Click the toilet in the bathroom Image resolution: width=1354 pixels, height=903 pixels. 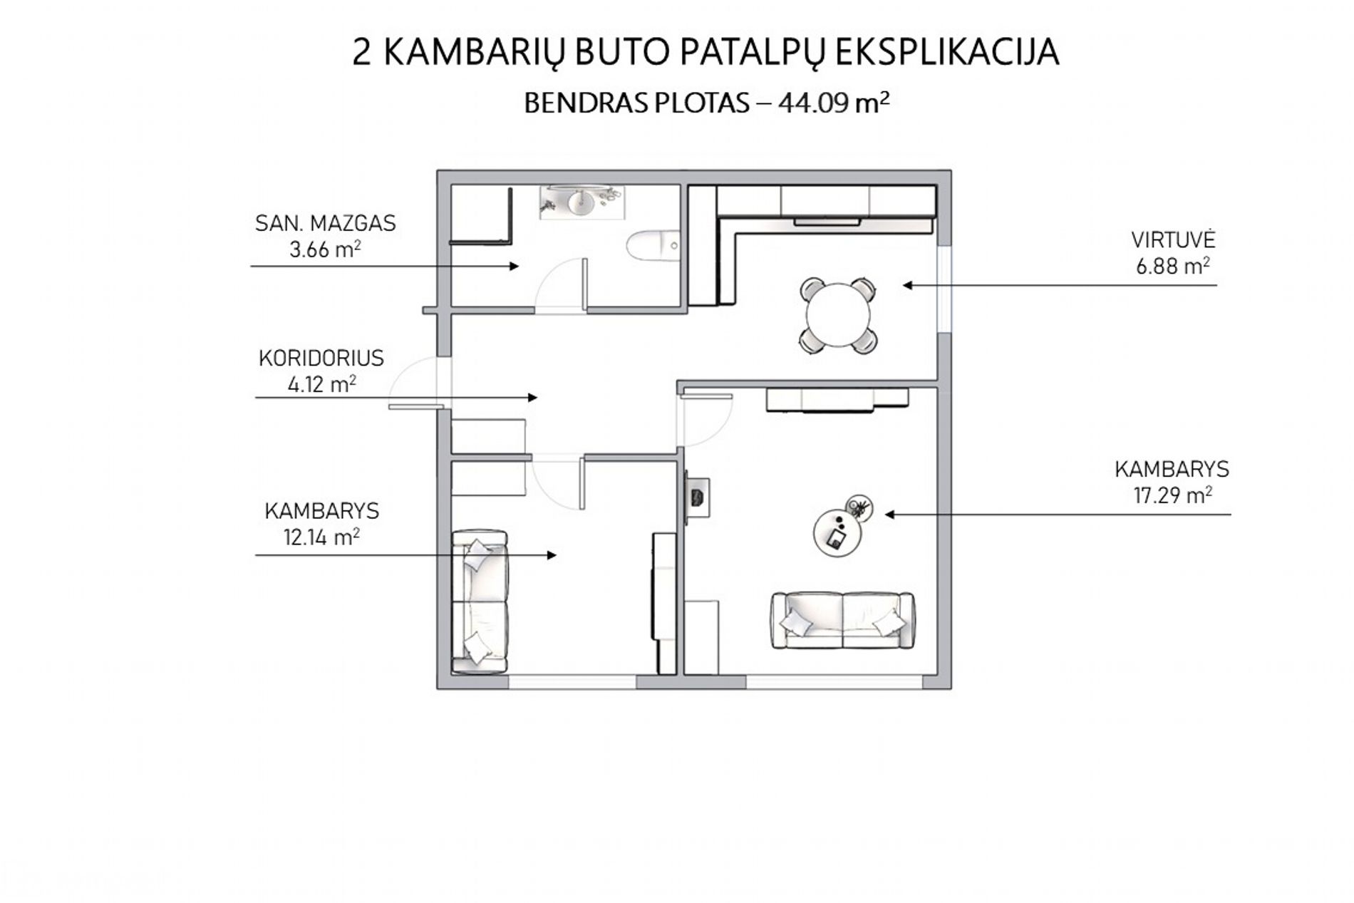click(x=653, y=247)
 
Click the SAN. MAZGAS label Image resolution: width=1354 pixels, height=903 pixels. click(x=326, y=223)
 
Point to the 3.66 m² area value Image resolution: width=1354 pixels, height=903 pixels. click(x=324, y=249)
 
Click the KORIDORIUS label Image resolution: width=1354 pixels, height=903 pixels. click(x=321, y=358)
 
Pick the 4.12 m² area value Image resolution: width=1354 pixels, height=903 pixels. click(x=321, y=384)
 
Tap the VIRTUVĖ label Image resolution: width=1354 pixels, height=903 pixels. click(x=1172, y=239)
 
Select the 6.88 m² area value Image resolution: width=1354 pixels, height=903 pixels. click(x=1172, y=266)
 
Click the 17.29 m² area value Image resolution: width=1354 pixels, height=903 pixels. click(x=1173, y=495)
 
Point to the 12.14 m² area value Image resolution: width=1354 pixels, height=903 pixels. click(x=321, y=537)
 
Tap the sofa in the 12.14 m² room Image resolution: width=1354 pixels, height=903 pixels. click(x=480, y=600)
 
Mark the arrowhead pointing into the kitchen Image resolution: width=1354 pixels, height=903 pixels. click(x=908, y=285)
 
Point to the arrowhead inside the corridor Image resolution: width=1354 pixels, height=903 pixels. click(x=532, y=397)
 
